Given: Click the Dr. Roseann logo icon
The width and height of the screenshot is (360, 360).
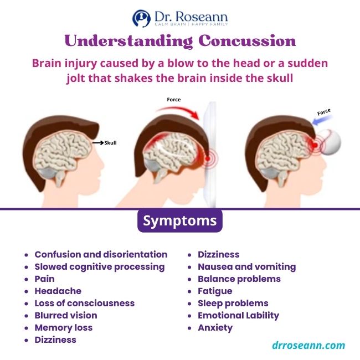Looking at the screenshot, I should (x=141, y=18).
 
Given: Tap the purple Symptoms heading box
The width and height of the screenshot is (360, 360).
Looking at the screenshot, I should (x=180, y=220).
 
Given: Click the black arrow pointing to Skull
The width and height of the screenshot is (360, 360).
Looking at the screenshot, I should (x=97, y=143).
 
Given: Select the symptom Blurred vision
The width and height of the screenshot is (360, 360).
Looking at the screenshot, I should (x=65, y=315).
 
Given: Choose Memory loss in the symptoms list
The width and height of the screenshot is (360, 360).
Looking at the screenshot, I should (x=63, y=327).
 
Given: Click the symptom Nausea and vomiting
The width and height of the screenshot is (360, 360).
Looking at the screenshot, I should (x=246, y=266).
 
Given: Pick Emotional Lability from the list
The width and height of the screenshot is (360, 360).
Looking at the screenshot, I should (x=238, y=315).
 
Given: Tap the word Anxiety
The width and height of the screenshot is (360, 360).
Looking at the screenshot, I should (x=215, y=327).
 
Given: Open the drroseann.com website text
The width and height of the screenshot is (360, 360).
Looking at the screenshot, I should (x=308, y=345).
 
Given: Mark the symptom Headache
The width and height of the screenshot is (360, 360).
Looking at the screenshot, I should (x=58, y=291).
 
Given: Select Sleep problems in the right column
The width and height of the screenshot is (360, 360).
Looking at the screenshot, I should (x=233, y=303).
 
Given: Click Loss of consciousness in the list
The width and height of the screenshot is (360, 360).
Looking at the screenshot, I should (x=84, y=303).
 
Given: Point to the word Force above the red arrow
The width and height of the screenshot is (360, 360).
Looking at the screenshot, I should (x=173, y=100).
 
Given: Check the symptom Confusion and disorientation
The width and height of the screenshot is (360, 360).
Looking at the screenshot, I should (x=100, y=254).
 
